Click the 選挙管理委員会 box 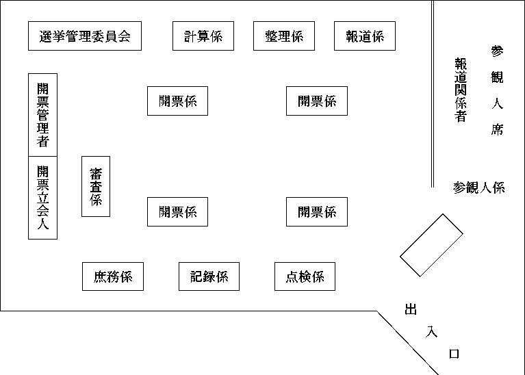coord(85,36)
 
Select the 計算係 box coord(203,36)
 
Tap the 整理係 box coord(283,36)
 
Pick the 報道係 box coord(365,36)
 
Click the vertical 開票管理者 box coord(42,114)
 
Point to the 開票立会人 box coord(42,198)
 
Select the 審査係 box coord(96,186)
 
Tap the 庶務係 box coord(113,276)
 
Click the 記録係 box coord(209,276)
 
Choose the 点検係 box coord(305,276)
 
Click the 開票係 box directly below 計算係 coord(177,101)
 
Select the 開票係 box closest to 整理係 coord(316,101)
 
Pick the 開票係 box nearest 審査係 coord(177,211)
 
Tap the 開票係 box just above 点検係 coord(316,211)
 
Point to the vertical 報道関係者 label coord(461,90)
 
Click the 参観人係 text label coord(478,187)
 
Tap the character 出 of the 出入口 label coord(411,310)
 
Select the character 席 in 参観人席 coord(498,129)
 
